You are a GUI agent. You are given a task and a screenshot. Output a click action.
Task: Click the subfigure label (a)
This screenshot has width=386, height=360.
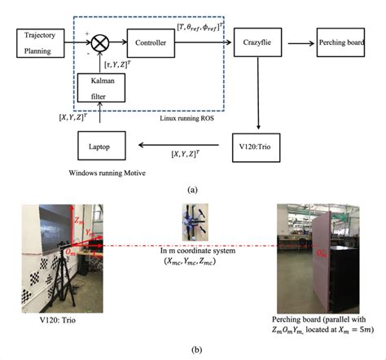click(x=192, y=189)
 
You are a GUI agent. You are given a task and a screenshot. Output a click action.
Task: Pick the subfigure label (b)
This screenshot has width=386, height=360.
click(x=192, y=350)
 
